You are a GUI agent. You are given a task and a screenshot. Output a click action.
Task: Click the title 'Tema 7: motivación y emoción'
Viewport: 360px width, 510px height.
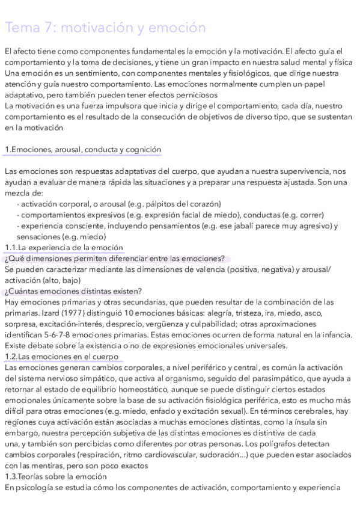(x=105, y=28)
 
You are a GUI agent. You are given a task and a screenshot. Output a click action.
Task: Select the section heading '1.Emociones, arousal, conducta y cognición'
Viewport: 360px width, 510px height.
(x=82, y=149)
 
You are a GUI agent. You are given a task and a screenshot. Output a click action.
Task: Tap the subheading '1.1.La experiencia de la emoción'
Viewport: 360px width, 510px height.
(x=63, y=247)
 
